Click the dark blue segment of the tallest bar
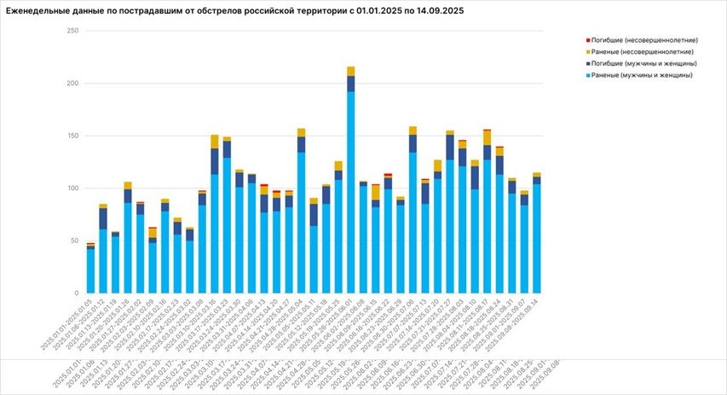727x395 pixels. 351,84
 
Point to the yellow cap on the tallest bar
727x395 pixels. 351,71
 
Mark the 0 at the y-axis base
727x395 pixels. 77,293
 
